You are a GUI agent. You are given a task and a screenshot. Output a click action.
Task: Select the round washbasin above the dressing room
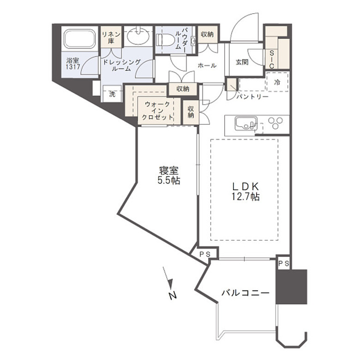click(x=138, y=38)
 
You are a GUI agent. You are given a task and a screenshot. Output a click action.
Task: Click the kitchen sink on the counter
click(x=246, y=124)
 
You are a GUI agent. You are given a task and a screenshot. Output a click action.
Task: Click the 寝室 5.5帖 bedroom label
click(x=169, y=176)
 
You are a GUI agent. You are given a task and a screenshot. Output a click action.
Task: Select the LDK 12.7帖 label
click(x=246, y=192)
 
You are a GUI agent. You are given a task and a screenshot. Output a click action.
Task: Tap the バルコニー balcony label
click(x=245, y=293)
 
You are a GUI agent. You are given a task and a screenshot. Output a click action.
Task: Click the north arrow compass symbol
click(x=170, y=283)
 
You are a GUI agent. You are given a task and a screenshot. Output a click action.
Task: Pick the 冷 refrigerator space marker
click(x=277, y=82)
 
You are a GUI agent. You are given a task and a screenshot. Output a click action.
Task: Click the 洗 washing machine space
click(x=112, y=94)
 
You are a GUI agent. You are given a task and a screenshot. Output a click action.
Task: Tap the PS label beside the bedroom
click(x=205, y=254)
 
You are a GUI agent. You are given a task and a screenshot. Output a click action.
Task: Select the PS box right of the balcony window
click(x=284, y=263)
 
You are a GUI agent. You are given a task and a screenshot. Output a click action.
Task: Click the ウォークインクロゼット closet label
click(x=157, y=111)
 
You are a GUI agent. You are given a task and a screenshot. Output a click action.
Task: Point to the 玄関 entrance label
click(x=242, y=62)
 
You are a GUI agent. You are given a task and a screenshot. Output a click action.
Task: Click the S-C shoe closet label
click(x=272, y=60)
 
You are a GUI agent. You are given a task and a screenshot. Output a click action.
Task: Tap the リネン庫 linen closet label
click(x=111, y=38)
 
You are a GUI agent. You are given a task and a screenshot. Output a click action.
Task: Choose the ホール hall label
click(x=207, y=66)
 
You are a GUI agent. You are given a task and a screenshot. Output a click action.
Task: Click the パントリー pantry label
click(x=252, y=97)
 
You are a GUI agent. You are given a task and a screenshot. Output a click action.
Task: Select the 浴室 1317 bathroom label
click(x=73, y=64)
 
